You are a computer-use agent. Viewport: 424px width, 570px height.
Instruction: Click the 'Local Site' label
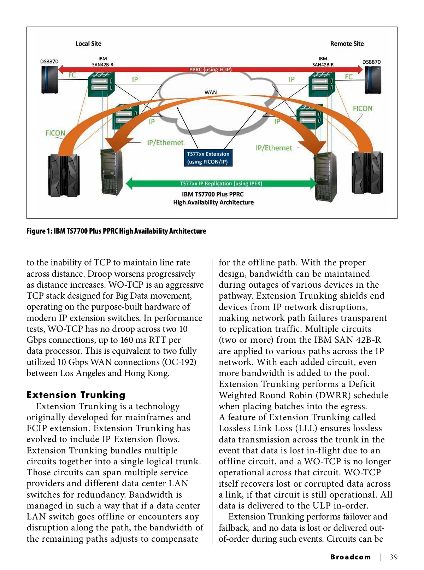(x=88, y=44)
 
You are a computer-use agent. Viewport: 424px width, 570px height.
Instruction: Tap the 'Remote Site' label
(x=347, y=44)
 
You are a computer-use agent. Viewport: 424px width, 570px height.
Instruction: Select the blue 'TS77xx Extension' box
(x=208, y=158)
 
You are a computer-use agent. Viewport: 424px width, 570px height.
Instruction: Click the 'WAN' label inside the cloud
(x=211, y=93)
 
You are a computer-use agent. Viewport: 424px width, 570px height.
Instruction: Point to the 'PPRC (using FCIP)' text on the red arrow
(x=210, y=70)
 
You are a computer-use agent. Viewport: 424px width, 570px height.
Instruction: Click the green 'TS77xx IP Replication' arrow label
(x=221, y=183)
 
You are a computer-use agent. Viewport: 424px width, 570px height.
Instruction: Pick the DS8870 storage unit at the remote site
(x=372, y=80)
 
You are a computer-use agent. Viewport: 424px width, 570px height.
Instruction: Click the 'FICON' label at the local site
(x=55, y=133)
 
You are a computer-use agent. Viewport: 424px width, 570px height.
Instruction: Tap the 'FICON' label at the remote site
(x=363, y=108)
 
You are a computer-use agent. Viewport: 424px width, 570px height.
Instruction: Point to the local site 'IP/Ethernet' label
(x=165, y=143)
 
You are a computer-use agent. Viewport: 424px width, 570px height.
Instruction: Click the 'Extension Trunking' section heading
(x=76, y=395)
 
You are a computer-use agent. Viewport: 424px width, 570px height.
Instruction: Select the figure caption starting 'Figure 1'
(x=116, y=231)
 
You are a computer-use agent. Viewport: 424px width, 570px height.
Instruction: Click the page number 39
(x=393, y=557)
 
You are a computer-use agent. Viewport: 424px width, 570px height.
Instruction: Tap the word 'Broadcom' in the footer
(x=351, y=557)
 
